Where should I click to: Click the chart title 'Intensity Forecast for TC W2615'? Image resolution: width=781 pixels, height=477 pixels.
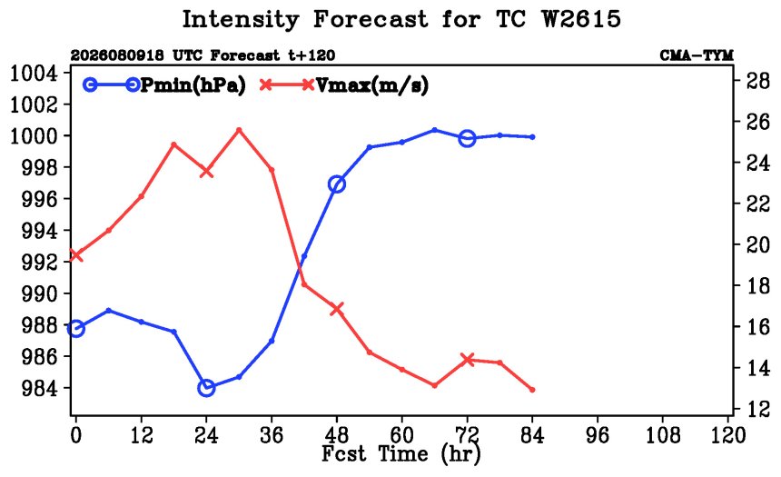[401, 20]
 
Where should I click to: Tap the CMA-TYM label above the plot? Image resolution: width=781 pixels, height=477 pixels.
[697, 55]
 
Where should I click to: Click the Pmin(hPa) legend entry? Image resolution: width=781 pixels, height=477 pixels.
[164, 85]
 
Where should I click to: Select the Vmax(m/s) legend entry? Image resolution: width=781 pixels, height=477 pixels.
[343, 85]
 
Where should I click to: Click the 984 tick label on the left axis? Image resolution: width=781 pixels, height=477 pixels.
[39, 388]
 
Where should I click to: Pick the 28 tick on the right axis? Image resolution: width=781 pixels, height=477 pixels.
[757, 80]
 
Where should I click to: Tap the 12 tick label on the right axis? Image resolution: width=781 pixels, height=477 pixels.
[757, 409]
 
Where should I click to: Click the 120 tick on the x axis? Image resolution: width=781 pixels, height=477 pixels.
[728, 435]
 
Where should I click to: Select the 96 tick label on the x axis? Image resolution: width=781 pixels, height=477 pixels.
[598, 435]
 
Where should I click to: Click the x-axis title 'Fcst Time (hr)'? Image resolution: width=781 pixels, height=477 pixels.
[401, 454]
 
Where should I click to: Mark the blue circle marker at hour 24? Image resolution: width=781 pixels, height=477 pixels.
[206, 387]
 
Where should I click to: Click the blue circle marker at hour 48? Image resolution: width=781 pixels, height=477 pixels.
[337, 184]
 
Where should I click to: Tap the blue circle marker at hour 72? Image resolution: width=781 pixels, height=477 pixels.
[467, 138]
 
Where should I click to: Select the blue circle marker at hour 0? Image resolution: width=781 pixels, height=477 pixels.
[75, 329]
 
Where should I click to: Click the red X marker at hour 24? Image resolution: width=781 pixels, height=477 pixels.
[206, 172]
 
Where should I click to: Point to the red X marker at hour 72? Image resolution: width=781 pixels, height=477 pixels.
[467, 360]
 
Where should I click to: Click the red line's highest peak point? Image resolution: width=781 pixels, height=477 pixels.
[239, 130]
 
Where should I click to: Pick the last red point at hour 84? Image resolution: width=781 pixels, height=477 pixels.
[532, 390]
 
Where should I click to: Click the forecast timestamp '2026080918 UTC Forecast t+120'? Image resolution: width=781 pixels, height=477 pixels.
[203, 55]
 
